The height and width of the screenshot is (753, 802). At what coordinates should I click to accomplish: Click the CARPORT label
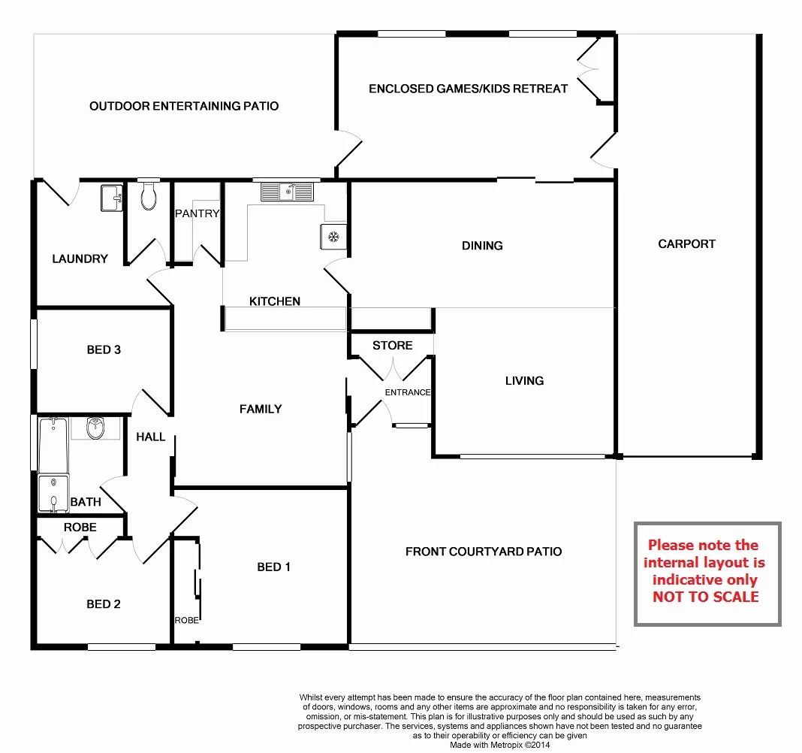(686, 243)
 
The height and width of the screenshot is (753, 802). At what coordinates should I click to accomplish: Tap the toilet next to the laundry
(149, 197)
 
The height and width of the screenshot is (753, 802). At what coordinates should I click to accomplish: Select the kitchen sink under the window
(286, 192)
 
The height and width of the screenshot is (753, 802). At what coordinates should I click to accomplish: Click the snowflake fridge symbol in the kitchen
(333, 237)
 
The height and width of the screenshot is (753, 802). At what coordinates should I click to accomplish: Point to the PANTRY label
(197, 213)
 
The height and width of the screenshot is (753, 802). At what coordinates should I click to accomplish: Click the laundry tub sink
(111, 198)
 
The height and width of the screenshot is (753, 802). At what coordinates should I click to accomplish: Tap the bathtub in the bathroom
(53, 445)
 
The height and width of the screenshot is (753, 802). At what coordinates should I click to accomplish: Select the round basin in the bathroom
(95, 428)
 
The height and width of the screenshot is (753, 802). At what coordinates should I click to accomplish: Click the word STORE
(392, 345)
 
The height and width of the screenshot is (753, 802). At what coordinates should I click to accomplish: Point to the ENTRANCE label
(408, 392)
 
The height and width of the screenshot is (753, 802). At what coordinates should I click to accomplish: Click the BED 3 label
(104, 349)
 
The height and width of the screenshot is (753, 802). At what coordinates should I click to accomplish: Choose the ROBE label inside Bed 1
(186, 620)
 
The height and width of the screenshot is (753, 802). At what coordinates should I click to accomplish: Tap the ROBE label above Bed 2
(80, 528)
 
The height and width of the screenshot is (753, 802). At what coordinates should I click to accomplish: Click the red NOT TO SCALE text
(705, 597)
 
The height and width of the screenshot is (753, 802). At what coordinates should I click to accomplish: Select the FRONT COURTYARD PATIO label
(483, 551)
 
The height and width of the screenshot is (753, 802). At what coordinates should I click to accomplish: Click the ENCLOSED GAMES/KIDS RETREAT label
(468, 89)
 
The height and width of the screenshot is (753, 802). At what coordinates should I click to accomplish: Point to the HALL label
(150, 437)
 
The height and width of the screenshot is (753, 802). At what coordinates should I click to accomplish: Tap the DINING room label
(482, 245)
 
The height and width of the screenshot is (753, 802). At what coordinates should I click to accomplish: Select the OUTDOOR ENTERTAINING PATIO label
(184, 106)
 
